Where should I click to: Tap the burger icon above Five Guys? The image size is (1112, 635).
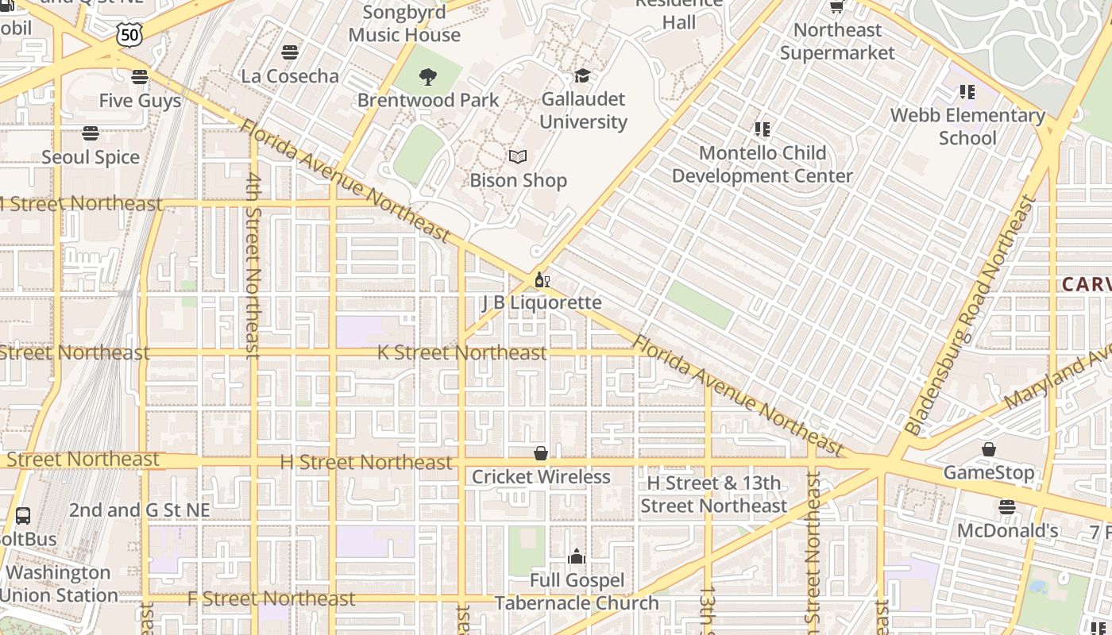pos(140,77)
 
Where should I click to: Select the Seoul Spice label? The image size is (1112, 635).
pos(91,157)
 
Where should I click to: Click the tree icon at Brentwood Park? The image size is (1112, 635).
pos(428,77)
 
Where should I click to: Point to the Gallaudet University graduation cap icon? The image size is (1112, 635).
pos(582,75)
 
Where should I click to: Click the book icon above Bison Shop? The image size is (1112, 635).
pos(518,157)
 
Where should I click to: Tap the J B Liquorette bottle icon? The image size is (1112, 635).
pos(542,279)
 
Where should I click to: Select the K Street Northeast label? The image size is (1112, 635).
pos(461,352)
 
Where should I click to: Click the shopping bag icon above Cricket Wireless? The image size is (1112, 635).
pos(541,453)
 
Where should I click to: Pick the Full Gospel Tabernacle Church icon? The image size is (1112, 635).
pos(577,556)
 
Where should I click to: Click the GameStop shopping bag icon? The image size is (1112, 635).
pos(988,450)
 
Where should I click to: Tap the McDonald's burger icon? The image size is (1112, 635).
pos(1007,506)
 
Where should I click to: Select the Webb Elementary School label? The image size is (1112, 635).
pos(967,126)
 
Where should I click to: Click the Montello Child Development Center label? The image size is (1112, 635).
pos(763,164)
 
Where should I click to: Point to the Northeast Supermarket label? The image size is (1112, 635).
pos(837,41)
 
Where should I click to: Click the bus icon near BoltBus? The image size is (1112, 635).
pos(23,516)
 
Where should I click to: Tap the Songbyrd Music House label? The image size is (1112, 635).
pos(404,24)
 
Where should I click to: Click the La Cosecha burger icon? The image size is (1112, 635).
pos(290,52)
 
